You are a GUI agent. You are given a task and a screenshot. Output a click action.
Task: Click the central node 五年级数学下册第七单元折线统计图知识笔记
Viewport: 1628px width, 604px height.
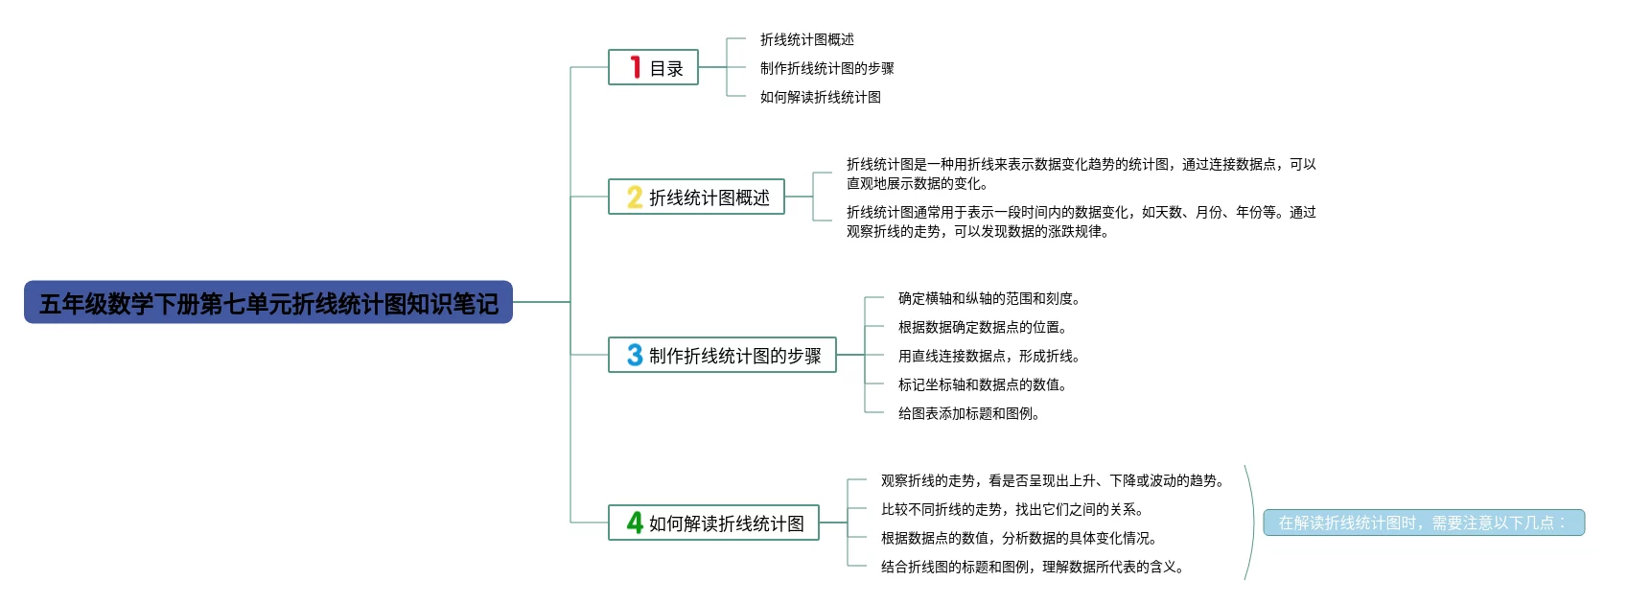coord(268,303)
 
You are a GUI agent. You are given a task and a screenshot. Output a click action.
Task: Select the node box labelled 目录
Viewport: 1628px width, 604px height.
coord(654,68)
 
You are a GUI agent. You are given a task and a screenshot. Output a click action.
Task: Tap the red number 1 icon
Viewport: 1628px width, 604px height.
coord(635,67)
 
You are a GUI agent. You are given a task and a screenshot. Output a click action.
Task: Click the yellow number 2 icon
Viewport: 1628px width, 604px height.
coord(635,197)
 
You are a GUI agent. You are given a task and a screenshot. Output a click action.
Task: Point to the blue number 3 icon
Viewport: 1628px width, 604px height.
coord(635,356)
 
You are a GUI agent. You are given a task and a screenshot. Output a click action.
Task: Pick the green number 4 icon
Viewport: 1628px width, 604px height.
coord(635,523)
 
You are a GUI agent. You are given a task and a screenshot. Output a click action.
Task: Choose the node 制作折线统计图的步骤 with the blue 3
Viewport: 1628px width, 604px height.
coord(723,356)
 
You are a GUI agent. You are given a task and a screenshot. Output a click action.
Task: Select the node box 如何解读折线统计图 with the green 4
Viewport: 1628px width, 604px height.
coord(714,523)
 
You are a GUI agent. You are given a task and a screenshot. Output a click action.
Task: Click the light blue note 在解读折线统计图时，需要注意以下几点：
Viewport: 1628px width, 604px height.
coord(1423,523)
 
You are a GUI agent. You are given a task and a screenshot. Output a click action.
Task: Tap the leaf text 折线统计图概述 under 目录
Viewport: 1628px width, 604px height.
coord(806,39)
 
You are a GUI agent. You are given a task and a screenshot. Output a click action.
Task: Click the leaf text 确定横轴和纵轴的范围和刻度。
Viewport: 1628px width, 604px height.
coord(988,298)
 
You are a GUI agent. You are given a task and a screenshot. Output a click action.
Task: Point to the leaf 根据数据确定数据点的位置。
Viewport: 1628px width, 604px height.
coord(982,327)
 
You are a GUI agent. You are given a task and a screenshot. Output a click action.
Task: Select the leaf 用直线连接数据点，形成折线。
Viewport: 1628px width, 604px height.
coord(988,356)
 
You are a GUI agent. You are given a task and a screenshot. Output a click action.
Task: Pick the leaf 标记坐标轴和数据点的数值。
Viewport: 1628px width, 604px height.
coord(982,384)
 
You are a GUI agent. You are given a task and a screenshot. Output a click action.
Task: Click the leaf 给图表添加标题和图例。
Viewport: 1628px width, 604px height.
coord(968,413)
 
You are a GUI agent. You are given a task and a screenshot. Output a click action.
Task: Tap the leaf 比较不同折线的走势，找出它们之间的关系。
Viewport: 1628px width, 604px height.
coord(1012,509)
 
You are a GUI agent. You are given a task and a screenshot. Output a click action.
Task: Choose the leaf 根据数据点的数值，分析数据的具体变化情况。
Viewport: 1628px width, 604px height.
coord(1018,538)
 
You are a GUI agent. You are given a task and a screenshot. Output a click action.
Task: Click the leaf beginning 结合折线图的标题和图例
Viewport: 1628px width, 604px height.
coord(1032,567)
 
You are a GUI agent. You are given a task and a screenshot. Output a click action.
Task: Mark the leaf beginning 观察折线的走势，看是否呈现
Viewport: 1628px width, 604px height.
coord(1052,480)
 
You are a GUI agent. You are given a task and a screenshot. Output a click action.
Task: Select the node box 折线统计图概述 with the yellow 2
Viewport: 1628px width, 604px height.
coord(697,197)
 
